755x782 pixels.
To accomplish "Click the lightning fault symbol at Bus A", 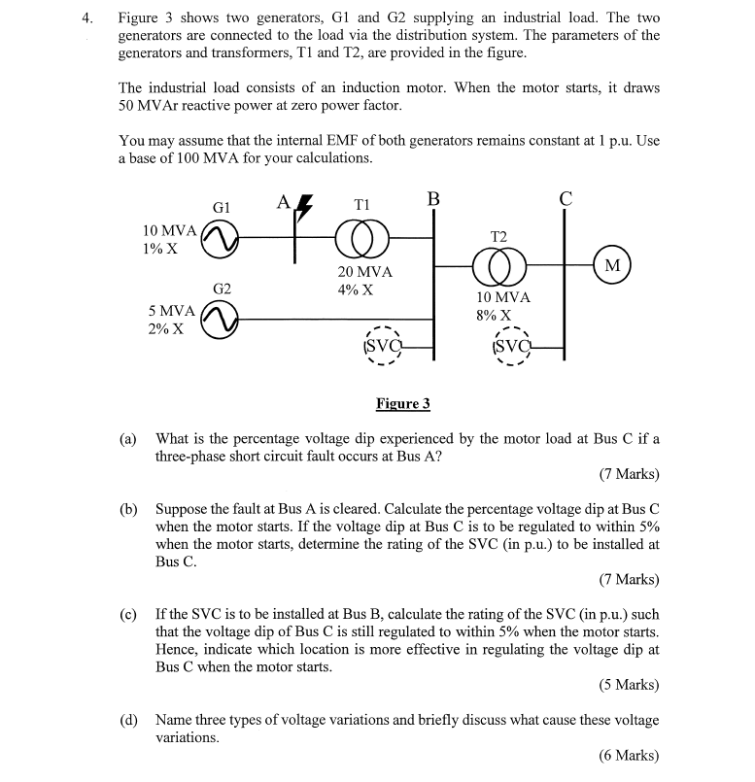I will [x=304, y=206].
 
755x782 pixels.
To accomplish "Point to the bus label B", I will [x=433, y=200].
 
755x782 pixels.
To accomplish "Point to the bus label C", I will [x=566, y=200].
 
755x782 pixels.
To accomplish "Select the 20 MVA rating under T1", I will [x=364, y=272].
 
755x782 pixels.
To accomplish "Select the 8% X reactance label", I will [x=494, y=315].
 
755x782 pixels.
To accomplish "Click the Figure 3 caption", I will [x=402, y=404].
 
